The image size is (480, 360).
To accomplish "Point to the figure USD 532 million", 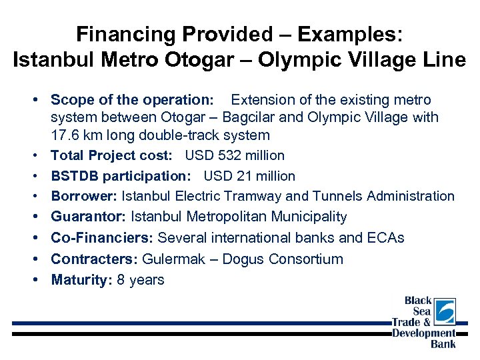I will click(235, 155).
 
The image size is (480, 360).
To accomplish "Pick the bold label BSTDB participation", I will click(123, 176).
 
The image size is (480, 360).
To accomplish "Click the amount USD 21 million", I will click(249, 176).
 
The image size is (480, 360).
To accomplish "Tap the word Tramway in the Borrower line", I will click(254, 196).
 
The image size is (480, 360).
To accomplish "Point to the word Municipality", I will click(305, 217).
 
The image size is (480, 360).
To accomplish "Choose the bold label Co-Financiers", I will click(102, 238).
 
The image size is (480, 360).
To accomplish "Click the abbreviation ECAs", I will click(385, 238).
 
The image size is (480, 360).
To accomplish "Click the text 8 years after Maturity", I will click(141, 280).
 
